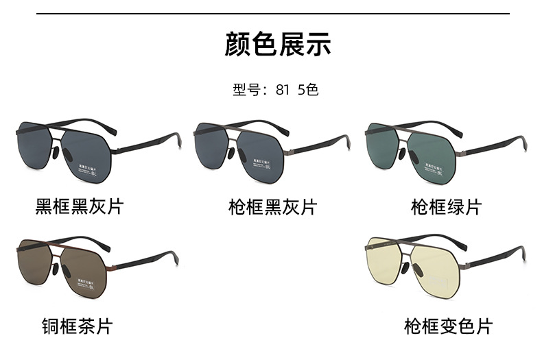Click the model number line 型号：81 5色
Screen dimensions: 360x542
point(276,90)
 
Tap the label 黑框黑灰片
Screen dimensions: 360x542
point(80,206)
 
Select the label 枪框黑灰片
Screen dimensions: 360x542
point(272,206)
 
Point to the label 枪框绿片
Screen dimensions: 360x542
point(446,206)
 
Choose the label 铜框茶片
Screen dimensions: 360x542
point(76,325)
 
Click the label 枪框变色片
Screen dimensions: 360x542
point(448,326)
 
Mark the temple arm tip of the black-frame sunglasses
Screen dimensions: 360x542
point(177,144)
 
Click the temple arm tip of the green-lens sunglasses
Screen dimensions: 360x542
point(523,144)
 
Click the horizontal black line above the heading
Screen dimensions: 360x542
point(272,13)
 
